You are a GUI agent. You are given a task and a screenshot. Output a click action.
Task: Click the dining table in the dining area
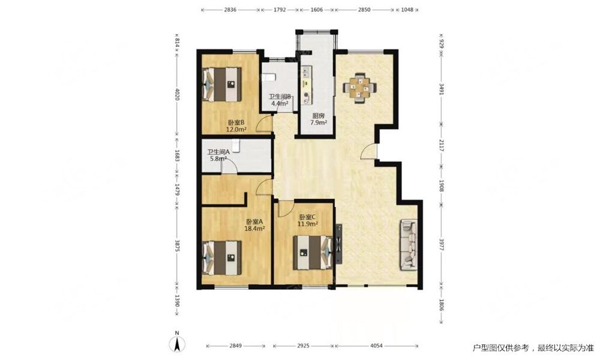click(359, 88)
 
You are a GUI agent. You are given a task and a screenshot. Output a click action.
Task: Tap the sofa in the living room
click(409, 244)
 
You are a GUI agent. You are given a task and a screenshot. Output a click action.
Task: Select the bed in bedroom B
click(222, 85)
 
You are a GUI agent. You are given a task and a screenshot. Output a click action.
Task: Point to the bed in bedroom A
click(222, 257)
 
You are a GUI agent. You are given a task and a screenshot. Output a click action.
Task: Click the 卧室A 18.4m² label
click(255, 225)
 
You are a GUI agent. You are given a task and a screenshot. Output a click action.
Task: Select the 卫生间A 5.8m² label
click(218, 155)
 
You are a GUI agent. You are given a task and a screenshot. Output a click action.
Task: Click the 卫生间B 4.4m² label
click(280, 100)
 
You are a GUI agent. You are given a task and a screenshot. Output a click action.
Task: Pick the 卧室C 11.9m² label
click(308, 220)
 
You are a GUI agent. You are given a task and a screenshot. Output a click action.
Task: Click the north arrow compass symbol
click(177, 343)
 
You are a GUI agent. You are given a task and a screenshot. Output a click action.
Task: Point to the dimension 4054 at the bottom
click(376, 346)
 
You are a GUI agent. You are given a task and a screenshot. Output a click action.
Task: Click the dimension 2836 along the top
click(230, 10)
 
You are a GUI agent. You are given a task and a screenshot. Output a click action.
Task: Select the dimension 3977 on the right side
click(441, 245)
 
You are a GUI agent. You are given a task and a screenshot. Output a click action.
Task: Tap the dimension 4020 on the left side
click(177, 94)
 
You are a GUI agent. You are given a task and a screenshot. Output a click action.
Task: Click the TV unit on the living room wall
click(338, 244)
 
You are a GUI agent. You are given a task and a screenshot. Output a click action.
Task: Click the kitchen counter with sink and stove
click(307, 85)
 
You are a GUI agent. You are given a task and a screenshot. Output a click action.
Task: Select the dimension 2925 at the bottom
click(303, 346)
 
